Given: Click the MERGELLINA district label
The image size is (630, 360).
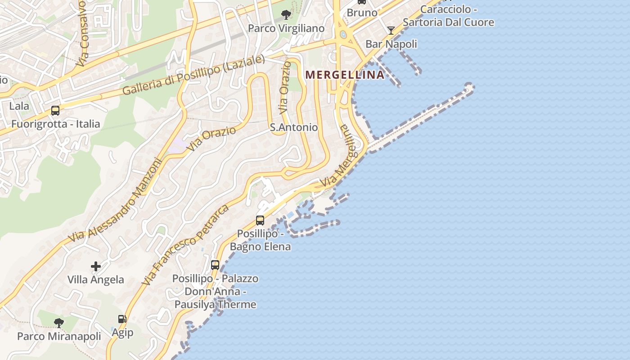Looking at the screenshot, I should coord(345,75).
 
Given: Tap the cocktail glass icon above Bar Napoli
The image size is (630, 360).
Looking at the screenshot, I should coord(391,31).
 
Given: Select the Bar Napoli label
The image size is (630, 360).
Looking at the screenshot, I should coord(391,44).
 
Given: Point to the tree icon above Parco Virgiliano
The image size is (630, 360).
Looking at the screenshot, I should coord(285,15).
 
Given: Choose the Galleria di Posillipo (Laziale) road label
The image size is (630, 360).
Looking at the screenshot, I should coord(193,75).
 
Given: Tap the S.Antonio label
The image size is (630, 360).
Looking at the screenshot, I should coord(294,127).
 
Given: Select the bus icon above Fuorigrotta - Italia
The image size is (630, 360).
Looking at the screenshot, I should coord(55,110).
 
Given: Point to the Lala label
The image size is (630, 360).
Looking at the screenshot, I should coord(19,106).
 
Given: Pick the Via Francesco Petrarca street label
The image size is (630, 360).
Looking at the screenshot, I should coord(185,245).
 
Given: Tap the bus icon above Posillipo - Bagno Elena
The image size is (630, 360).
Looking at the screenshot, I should coord(260,220).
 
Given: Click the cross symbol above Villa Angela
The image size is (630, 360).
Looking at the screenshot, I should coord(96,266).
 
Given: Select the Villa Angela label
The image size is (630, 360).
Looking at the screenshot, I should coord(96,279).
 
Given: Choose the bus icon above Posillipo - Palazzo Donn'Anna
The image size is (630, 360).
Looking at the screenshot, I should coord(215,265).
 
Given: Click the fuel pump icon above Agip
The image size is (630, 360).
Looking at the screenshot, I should coord(122,319).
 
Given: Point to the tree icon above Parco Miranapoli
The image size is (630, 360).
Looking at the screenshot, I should coord(58,323).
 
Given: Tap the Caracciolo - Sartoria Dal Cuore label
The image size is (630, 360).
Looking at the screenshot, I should coord(448,16).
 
